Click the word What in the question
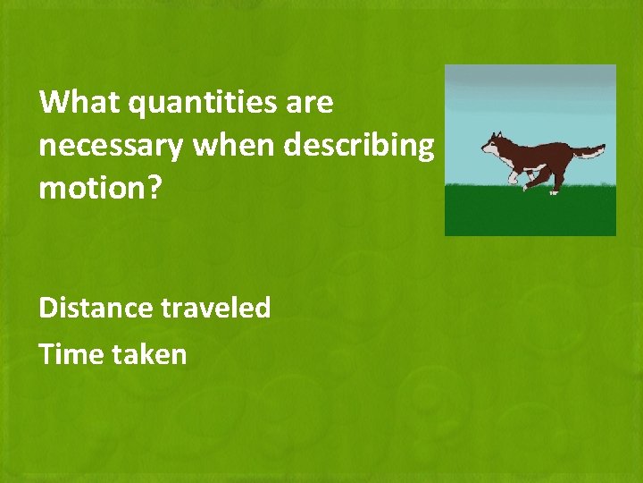tap(79, 103)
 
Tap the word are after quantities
tap(311, 103)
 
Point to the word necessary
tap(110, 145)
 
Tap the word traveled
tap(216, 308)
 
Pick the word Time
tap(71, 354)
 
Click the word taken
tap(150, 354)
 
